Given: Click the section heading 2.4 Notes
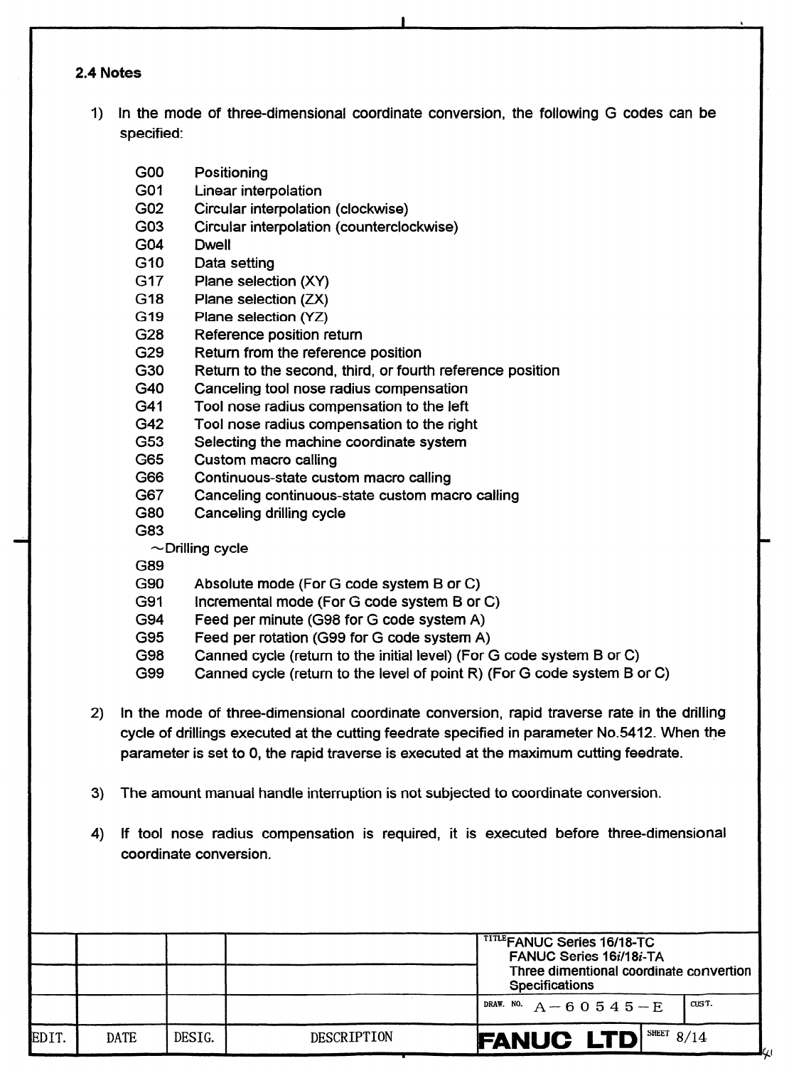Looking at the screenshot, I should click(x=108, y=73).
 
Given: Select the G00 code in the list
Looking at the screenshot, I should click(x=149, y=173).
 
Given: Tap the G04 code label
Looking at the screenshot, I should click(x=149, y=245).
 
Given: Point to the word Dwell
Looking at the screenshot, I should click(x=213, y=245).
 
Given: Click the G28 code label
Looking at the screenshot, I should click(x=149, y=335).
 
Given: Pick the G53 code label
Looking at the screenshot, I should click(x=149, y=442).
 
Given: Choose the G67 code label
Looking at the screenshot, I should click(x=149, y=495).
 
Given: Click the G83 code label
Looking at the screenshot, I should click(x=149, y=531).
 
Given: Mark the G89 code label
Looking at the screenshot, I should click(x=149, y=566).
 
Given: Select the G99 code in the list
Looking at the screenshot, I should click(x=149, y=673).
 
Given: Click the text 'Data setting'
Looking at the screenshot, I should click(x=234, y=263).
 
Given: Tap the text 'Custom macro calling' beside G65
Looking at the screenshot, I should click(x=265, y=460).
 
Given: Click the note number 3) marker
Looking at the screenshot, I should click(x=98, y=793).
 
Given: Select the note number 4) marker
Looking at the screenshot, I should click(x=98, y=834).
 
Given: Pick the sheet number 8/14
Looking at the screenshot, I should click(x=692, y=1037).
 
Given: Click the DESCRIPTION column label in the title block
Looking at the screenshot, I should click(x=351, y=1037).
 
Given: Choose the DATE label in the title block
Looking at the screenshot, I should click(x=121, y=1038).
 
